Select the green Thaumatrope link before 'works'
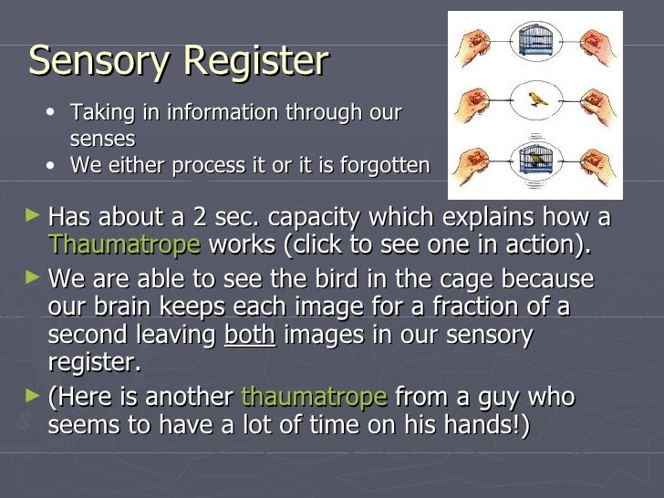pos(124,244)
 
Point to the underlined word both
pos(249,334)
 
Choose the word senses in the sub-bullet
pos(102,139)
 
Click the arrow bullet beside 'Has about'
pos(33,217)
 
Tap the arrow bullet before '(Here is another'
pos(33,396)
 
